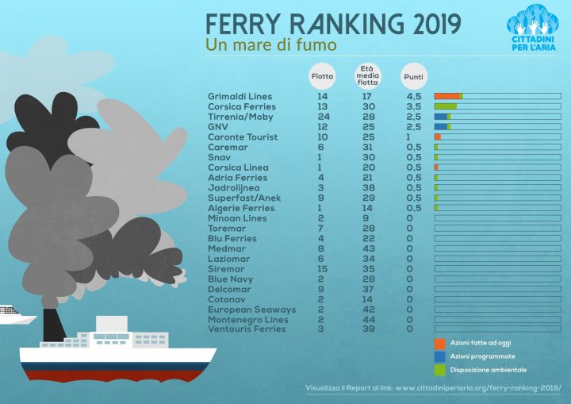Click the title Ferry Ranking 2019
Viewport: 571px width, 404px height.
pos(332,24)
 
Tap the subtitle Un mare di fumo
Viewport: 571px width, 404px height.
pos(270,45)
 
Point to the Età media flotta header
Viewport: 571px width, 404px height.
pos(368,74)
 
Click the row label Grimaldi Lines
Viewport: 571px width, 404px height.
pos(240,97)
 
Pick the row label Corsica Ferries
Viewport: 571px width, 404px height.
pos(242,106)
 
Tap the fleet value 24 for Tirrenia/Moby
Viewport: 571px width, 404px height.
pos(324,117)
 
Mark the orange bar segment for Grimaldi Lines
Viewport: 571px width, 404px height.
pos(446,96)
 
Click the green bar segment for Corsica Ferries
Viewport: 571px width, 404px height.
pos(445,106)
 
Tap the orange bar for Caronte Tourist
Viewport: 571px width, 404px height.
pos(437,137)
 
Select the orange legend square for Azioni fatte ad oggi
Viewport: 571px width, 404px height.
pos(439,342)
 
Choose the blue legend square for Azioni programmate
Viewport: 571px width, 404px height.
pos(439,356)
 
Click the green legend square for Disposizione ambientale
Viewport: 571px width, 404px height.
pos(439,370)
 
